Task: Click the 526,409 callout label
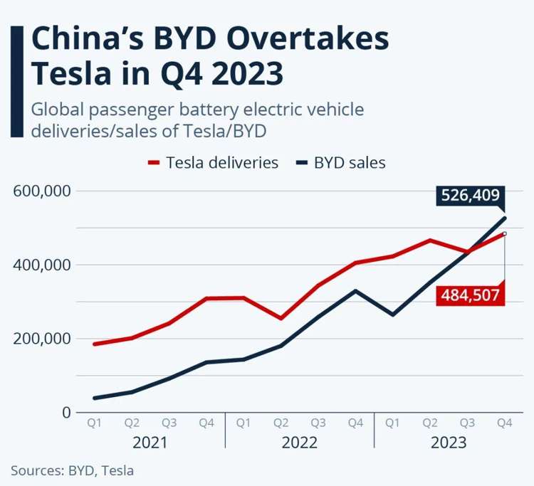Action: coord(471,196)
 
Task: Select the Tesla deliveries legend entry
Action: coord(213,162)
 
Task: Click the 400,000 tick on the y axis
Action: coord(41,265)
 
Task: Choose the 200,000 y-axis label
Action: coord(41,339)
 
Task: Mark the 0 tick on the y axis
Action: coord(66,413)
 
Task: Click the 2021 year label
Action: coord(150,443)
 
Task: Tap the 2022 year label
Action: coord(300,443)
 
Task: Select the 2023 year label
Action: coord(449,443)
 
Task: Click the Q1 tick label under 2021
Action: coord(95,423)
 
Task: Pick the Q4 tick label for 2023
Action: coord(505,423)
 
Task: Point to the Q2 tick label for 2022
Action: coord(281,423)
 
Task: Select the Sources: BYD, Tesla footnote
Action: coord(72,470)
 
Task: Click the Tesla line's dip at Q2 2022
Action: coord(281,318)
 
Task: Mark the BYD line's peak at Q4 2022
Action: coord(355,290)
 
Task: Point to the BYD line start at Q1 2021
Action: coord(95,398)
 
